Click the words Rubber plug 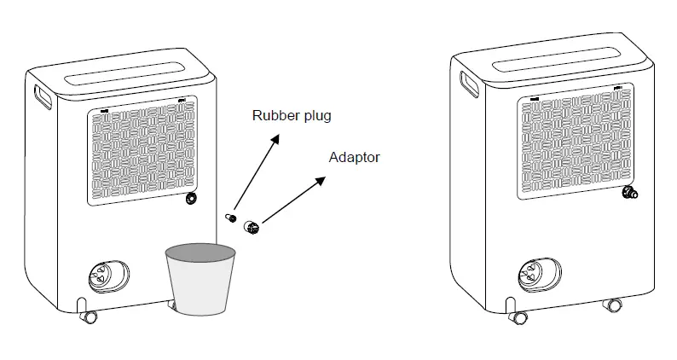point(291,116)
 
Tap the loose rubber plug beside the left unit point(229,218)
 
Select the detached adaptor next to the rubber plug point(252,227)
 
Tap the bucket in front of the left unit point(200,278)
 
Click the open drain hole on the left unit point(190,199)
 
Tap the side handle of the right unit point(469,84)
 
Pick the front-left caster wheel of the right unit point(516,315)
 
